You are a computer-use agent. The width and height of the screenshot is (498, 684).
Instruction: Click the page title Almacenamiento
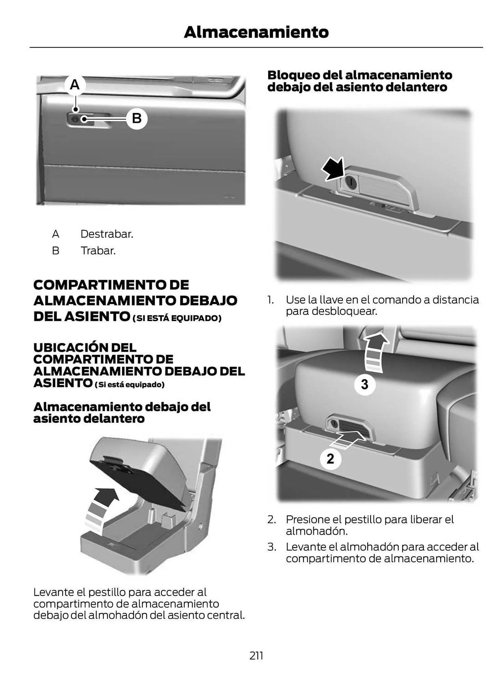coord(256,32)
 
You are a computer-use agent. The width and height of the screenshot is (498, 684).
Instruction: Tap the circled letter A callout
coord(75,84)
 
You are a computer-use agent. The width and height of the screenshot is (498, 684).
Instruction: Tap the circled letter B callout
coord(137,119)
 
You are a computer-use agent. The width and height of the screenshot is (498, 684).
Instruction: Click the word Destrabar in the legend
coord(107,234)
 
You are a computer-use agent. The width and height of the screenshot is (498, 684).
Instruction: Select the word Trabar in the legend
coord(98,251)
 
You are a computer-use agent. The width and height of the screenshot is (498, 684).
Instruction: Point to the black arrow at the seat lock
coord(333,169)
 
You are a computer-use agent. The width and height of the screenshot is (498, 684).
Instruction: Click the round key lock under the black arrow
coord(350,182)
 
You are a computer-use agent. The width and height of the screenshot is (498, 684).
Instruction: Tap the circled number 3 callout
coord(365,384)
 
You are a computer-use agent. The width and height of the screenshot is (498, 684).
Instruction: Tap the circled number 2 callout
coord(330,458)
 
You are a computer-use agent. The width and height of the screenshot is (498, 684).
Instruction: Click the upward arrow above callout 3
coord(375,352)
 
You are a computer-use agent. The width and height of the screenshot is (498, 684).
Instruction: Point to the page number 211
coord(256,656)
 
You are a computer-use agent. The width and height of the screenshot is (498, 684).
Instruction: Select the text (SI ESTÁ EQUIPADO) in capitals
coord(177,318)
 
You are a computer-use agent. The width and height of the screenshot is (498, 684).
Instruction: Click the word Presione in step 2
coord(309,519)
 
